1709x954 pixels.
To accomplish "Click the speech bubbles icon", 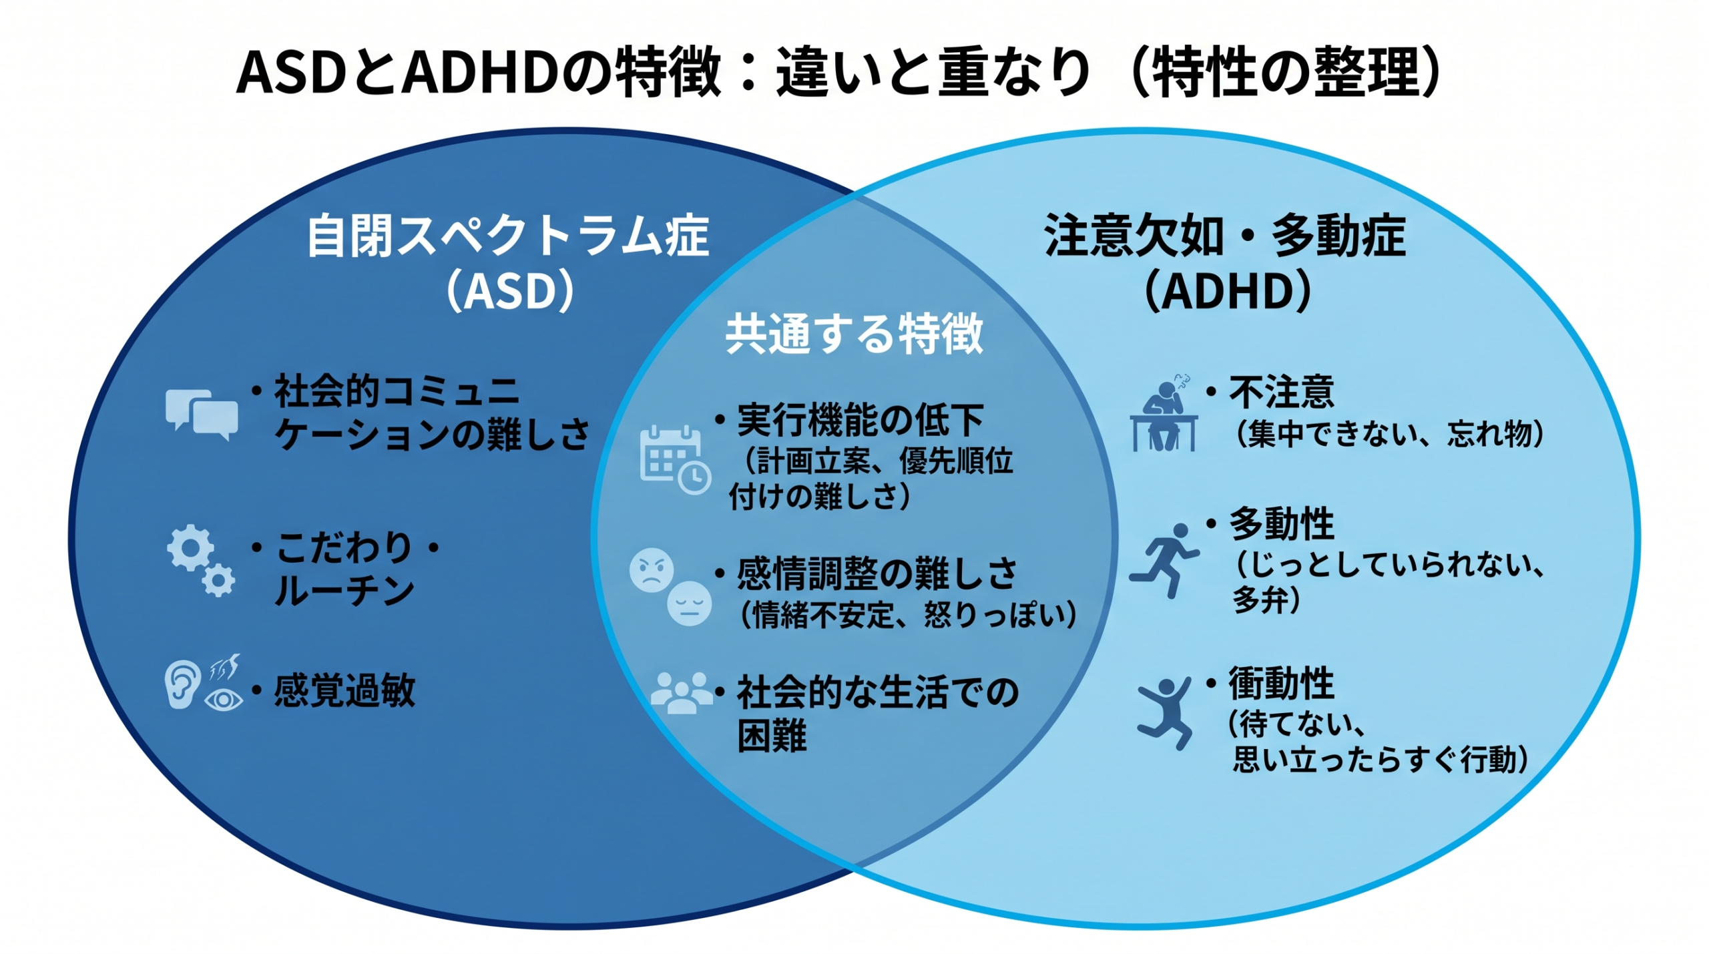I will coord(202,413).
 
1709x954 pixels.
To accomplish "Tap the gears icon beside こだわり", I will coord(200,559).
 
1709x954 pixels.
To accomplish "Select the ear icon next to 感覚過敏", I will coord(182,684).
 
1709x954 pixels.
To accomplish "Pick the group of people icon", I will coord(682,692).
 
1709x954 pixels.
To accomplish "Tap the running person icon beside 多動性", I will coord(1165,559).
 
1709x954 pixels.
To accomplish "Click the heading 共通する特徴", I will coord(854,333).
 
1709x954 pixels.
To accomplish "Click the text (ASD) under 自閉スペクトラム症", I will coord(510,290).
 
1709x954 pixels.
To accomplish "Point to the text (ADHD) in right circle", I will coord(1228,291).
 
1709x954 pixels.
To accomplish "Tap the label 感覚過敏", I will coord(344,690).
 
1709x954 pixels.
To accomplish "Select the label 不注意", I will coord(1281,392).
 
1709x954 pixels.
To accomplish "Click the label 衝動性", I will coord(1281,683).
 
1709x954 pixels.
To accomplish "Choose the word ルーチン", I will coord(344,591).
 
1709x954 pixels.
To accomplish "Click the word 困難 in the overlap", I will coord(772,735).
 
